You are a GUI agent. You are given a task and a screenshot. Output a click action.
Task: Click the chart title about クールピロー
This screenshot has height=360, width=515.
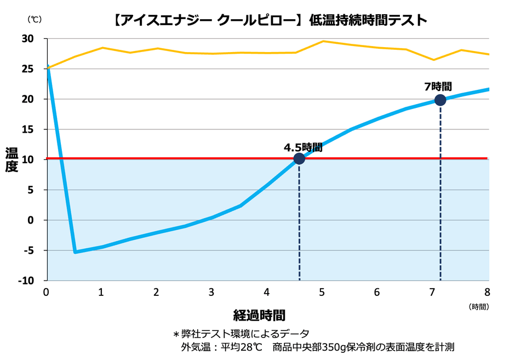click(268, 20)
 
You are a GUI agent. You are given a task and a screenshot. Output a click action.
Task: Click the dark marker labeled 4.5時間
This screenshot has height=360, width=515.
click(299, 159)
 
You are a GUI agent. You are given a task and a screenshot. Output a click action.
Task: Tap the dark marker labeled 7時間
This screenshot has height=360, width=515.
click(440, 100)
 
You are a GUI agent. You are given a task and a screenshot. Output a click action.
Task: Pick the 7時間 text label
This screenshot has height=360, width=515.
click(438, 87)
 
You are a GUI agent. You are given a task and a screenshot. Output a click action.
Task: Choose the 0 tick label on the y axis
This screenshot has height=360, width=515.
click(31, 220)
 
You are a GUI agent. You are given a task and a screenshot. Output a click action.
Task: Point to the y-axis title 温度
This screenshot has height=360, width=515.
click(12, 159)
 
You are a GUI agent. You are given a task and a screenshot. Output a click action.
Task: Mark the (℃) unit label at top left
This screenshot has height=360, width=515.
click(34, 19)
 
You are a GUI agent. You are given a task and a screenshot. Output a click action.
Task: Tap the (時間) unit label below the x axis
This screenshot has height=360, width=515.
click(478, 307)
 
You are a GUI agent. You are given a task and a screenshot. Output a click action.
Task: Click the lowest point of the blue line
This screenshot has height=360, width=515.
click(75, 252)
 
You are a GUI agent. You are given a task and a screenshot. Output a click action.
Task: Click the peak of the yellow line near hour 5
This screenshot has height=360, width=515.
click(323, 41)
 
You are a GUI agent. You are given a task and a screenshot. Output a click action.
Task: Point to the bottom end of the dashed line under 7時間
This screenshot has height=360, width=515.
click(440, 279)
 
